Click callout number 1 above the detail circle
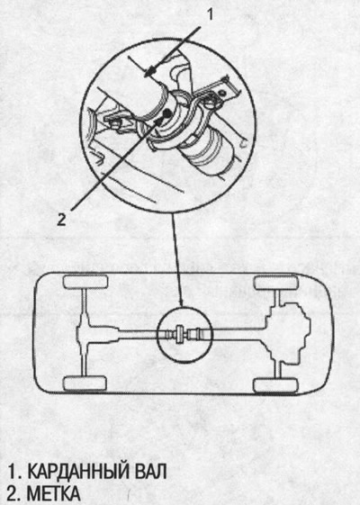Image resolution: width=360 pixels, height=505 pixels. pyautogui.click(x=210, y=14)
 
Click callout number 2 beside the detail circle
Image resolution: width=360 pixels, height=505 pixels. pyautogui.click(x=61, y=220)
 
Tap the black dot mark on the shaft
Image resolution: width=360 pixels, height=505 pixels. pyautogui.click(x=167, y=113)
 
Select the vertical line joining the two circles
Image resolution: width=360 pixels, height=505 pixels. pyautogui.click(x=177, y=259)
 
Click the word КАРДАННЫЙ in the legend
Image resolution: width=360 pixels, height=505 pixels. pyautogui.click(x=78, y=472)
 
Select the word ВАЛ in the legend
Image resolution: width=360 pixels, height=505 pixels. pyautogui.click(x=149, y=472)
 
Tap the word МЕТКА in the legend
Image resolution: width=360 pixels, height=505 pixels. pyautogui.click(x=53, y=493)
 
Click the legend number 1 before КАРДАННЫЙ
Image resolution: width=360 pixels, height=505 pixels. pyautogui.click(x=13, y=472)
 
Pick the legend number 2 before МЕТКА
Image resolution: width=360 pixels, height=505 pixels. pyautogui.click(x=13, y=493)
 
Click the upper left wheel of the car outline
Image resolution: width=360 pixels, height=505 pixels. pyautogui.click(x=85, y=282)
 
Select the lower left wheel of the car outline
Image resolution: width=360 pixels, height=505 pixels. pyautogui.click(x=85, y=383)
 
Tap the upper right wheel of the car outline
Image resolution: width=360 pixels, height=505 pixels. pyautogui.click(x=275, y=283)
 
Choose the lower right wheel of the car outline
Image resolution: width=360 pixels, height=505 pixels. pyautogui.click(x=275, y=385)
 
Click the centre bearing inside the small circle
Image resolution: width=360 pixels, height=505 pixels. pyautogui.click(x=180, y=334)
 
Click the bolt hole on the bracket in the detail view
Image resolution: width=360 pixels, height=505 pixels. pyautogui.click(x=222, y=93)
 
